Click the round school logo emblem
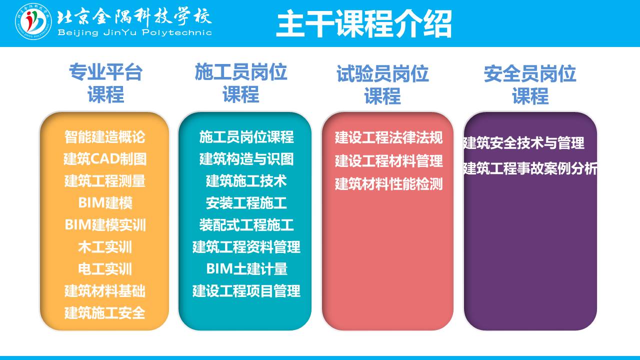[x=33, y=21]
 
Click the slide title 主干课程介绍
[x=363, y=23]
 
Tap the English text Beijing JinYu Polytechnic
[x=134, y=32]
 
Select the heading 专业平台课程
[x=105, y=83]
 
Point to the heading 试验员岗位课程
[x=382, y=85]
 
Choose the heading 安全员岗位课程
[x=530, y=85]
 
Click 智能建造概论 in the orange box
[x=105, y=137]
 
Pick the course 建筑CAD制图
[x=105, y=159]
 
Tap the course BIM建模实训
[x=105, y=225]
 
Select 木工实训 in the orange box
[x=105, y=247]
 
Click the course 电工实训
[x=105, y=269]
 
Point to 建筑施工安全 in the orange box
[x=105, y=313]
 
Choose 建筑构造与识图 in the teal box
[x=246, y=159]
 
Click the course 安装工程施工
[x=246, y=203]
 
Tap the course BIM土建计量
[x=246, y=269]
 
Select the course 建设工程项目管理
[x=246, y=291]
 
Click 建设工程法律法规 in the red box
[x=389, y=137]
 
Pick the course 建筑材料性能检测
[x=389, y=184]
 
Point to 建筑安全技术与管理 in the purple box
[x=523, y=143]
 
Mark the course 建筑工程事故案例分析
[x=530, y=168]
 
